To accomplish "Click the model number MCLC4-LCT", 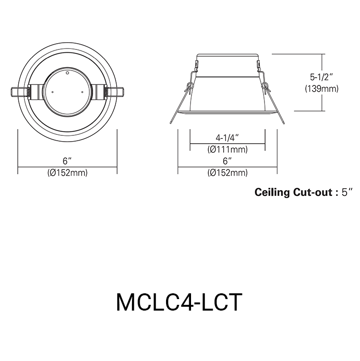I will click(x=179, y=302).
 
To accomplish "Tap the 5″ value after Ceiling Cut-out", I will click(x=347, y=193).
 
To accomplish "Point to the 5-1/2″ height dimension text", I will click(x=322, y=76).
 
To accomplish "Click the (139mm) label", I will click(x=322, y=88).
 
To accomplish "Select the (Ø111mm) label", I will click(x=228, y=150).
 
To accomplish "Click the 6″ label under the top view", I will click(x=67, y=160).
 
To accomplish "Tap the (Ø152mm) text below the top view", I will click(x=67, y=173).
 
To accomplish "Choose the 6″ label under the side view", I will click(x=228, y=160).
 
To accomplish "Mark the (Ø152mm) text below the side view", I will click(x=228, y=173).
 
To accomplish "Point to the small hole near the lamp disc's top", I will click(x=68, y=73).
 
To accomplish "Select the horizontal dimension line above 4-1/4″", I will click(x=228, y=143).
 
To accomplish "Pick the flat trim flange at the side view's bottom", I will click(x=228, y=113).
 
